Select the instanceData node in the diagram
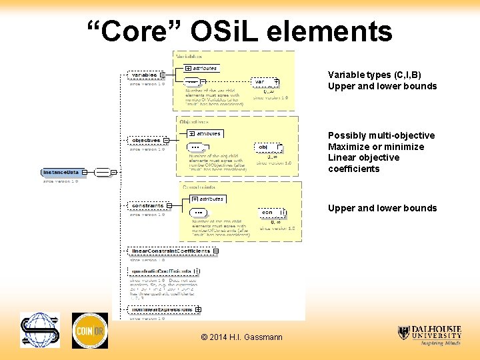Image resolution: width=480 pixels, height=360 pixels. tap(61, 172)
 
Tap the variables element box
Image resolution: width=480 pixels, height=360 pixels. tap(144, 75)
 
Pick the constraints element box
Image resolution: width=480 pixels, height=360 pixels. tap(147, 205)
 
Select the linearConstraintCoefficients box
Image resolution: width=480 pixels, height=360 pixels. tap(171, 251)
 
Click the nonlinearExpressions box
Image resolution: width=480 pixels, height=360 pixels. tap(162, 309)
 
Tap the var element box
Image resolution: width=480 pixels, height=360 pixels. tap(261, 81)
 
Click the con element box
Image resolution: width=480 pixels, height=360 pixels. tap(268, 213)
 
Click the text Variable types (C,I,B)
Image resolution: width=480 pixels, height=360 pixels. tap(374, 75)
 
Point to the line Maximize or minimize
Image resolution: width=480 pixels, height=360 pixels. tap(375, 147)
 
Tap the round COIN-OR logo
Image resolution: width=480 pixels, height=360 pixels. tap(89, 330)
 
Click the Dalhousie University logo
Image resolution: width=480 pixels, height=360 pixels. tap(429, 335)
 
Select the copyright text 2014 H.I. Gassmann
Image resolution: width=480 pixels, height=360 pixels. tap(241, 337)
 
